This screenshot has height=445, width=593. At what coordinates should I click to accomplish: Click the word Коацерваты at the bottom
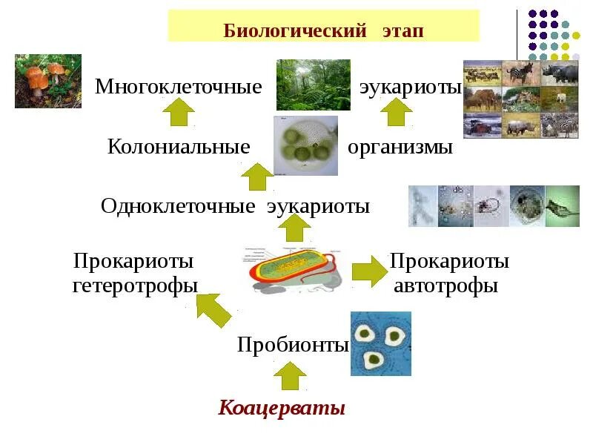point(282,409)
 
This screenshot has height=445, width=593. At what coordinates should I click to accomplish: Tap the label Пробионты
point(293,345)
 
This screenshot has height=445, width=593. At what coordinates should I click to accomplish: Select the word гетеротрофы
point(135,286)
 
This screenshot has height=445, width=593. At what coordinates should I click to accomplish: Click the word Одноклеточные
point(178,206)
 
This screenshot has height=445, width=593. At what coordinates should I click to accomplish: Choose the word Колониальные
point(179,147)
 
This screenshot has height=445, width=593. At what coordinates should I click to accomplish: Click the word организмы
point(400,147)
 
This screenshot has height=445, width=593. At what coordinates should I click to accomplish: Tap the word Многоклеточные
point(179,87)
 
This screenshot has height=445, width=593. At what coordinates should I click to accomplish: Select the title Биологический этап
point(324,30)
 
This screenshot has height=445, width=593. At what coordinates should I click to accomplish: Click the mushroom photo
point(48,81)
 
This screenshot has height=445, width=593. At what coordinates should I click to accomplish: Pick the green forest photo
point(313,85)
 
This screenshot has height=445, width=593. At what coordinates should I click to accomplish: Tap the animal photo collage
point(520,99)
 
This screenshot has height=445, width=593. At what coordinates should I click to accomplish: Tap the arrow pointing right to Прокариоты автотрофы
point(368,271)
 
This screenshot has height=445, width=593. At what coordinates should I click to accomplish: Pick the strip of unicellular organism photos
point(494,206)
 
